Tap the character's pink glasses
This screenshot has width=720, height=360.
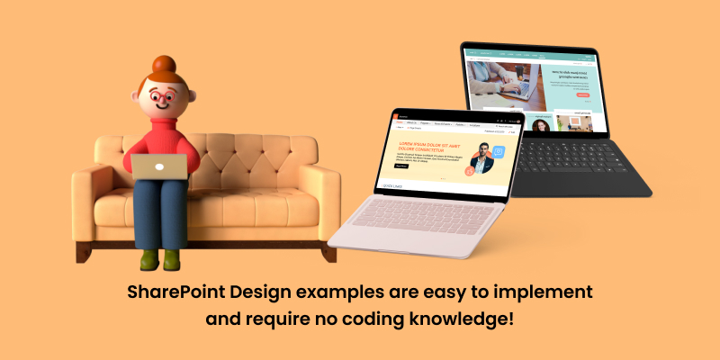pos(165,98)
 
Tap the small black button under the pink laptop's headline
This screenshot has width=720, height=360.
pos(401,166)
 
